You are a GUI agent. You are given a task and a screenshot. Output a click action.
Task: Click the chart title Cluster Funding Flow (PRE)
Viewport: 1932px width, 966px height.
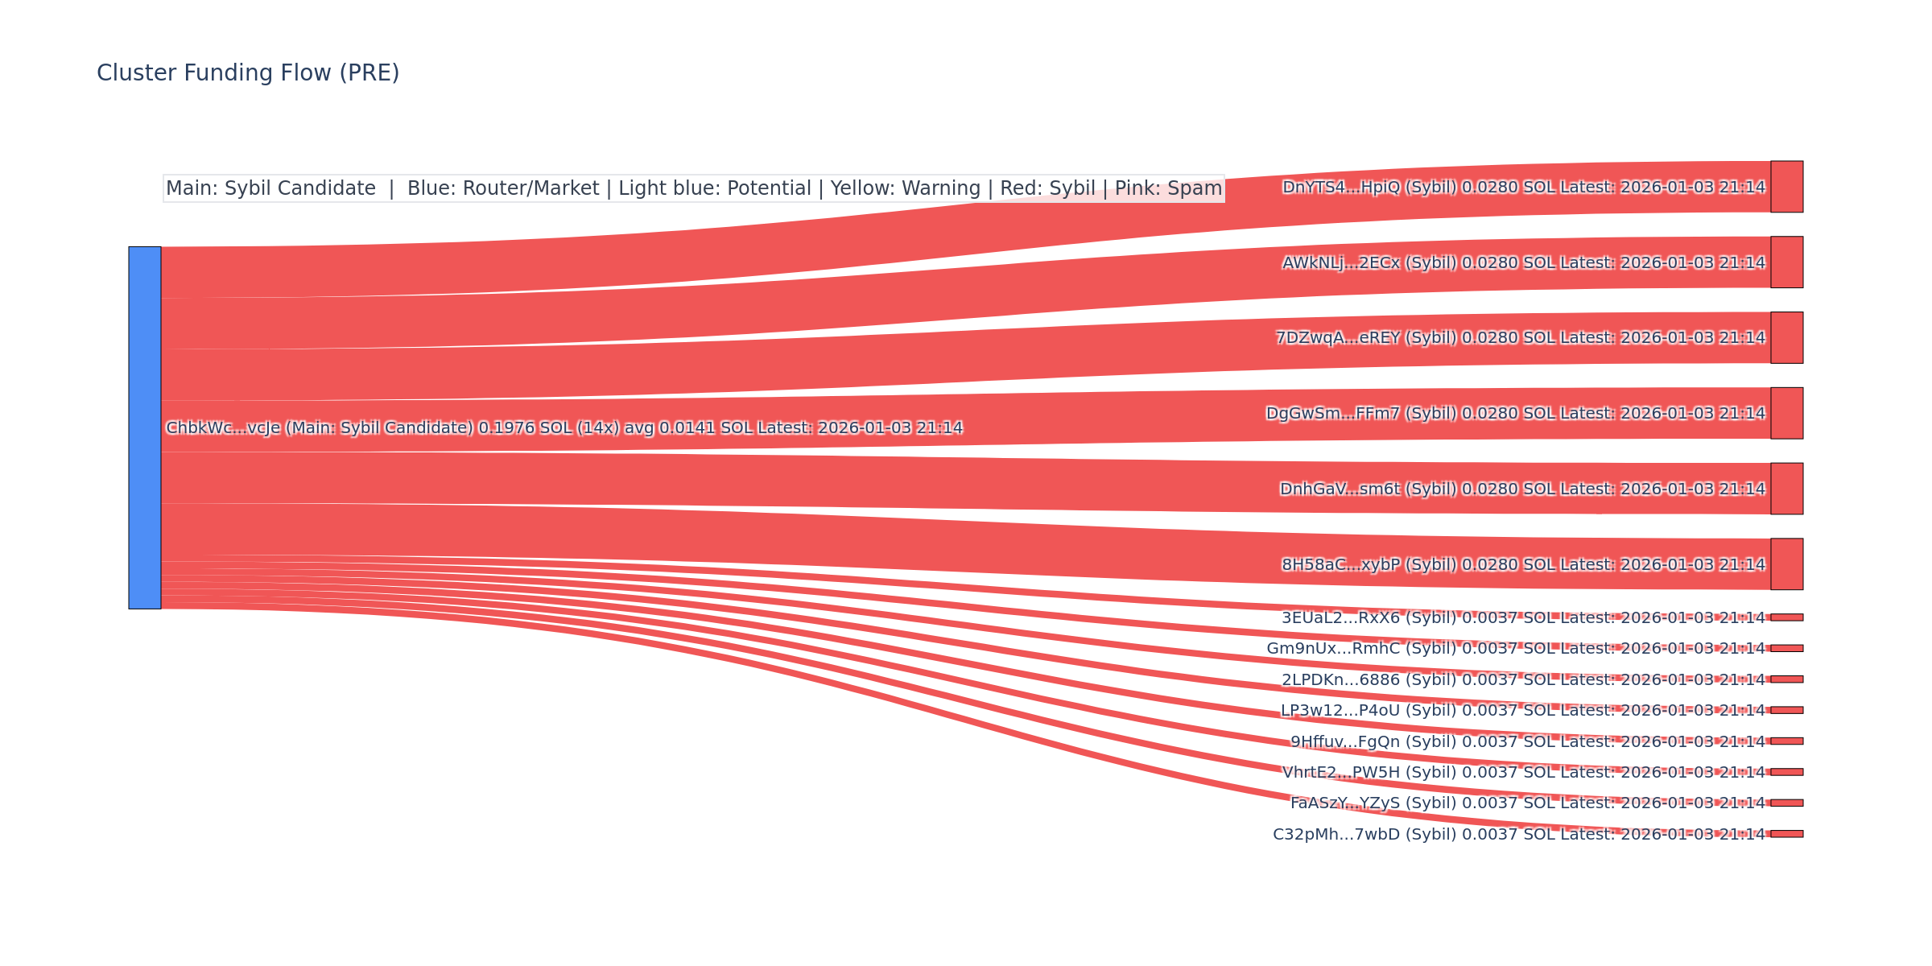248,73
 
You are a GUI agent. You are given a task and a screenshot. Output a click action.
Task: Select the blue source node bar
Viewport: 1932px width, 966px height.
145,427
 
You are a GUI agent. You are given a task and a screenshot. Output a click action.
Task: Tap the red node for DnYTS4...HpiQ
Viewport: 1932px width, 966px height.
1786,187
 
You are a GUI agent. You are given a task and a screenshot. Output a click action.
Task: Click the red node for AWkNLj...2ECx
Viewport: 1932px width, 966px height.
1786,262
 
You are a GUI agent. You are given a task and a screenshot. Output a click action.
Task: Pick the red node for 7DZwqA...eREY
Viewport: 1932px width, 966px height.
1786,338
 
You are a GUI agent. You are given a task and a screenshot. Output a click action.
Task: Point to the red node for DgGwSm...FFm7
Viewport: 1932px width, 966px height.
1786,413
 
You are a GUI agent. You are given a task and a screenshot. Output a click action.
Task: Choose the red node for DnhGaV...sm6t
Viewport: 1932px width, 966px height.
1786,489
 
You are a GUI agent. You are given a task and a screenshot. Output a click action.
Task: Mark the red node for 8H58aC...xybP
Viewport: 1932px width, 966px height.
1786,564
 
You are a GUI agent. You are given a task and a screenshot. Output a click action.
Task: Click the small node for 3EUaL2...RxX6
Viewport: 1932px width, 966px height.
1786,617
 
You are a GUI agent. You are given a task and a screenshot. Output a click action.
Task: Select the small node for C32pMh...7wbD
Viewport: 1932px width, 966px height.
1786,834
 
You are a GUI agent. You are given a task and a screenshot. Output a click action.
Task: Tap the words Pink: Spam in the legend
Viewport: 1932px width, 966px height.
1168,188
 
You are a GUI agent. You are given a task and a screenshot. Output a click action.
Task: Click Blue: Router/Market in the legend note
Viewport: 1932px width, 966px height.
503,188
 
